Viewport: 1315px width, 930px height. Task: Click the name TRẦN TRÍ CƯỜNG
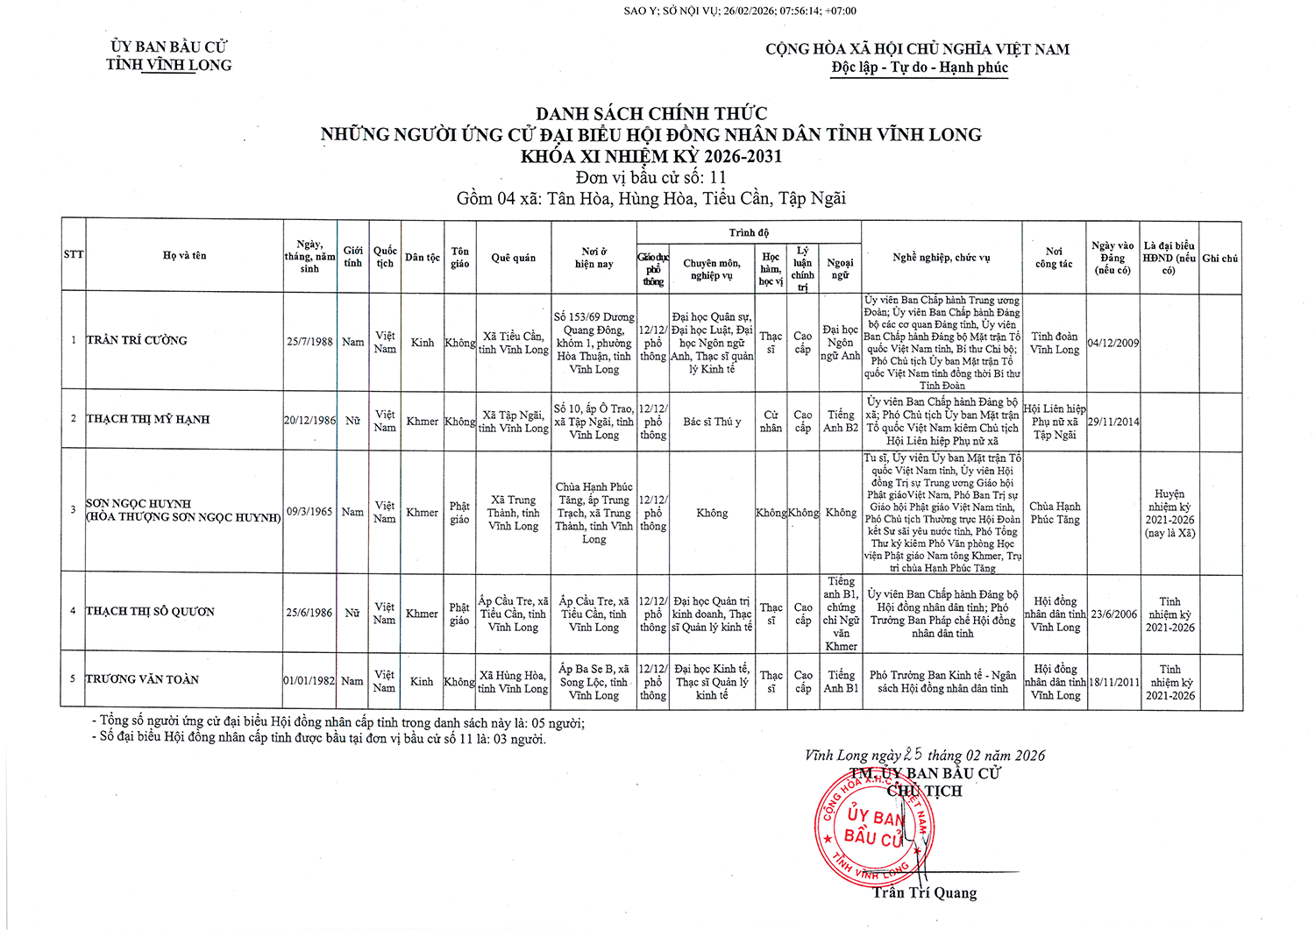pos(137,340)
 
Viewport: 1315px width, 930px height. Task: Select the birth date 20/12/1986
pos(309,421)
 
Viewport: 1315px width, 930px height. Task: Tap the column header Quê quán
pos(513,258)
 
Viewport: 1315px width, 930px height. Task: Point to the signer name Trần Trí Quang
pos(924,893)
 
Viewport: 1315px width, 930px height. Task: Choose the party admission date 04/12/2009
pos(1112,343)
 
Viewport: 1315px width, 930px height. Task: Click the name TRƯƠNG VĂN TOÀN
pos(142,679)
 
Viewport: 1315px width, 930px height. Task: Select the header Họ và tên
pos(184,255)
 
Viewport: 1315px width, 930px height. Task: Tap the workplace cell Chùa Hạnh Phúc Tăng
pos(1055,513)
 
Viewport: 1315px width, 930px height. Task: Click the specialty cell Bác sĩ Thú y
pos(712,422)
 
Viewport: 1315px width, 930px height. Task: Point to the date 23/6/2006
pos(1113,614)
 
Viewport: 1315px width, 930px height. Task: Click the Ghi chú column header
pos(1219,259)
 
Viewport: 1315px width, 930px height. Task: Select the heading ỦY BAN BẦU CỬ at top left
pos(169,46)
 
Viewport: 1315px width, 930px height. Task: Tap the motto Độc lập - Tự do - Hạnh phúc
pos(920,67)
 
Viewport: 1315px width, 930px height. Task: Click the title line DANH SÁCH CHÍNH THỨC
pos(651,113)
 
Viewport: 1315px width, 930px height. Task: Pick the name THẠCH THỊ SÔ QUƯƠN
pos(150,612)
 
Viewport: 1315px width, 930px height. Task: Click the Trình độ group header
pos(749,232)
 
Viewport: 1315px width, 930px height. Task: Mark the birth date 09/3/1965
pos(309,512)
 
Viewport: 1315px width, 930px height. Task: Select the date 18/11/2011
pos(1113,682)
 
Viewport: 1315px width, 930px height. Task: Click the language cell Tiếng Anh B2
pos(840,421)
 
